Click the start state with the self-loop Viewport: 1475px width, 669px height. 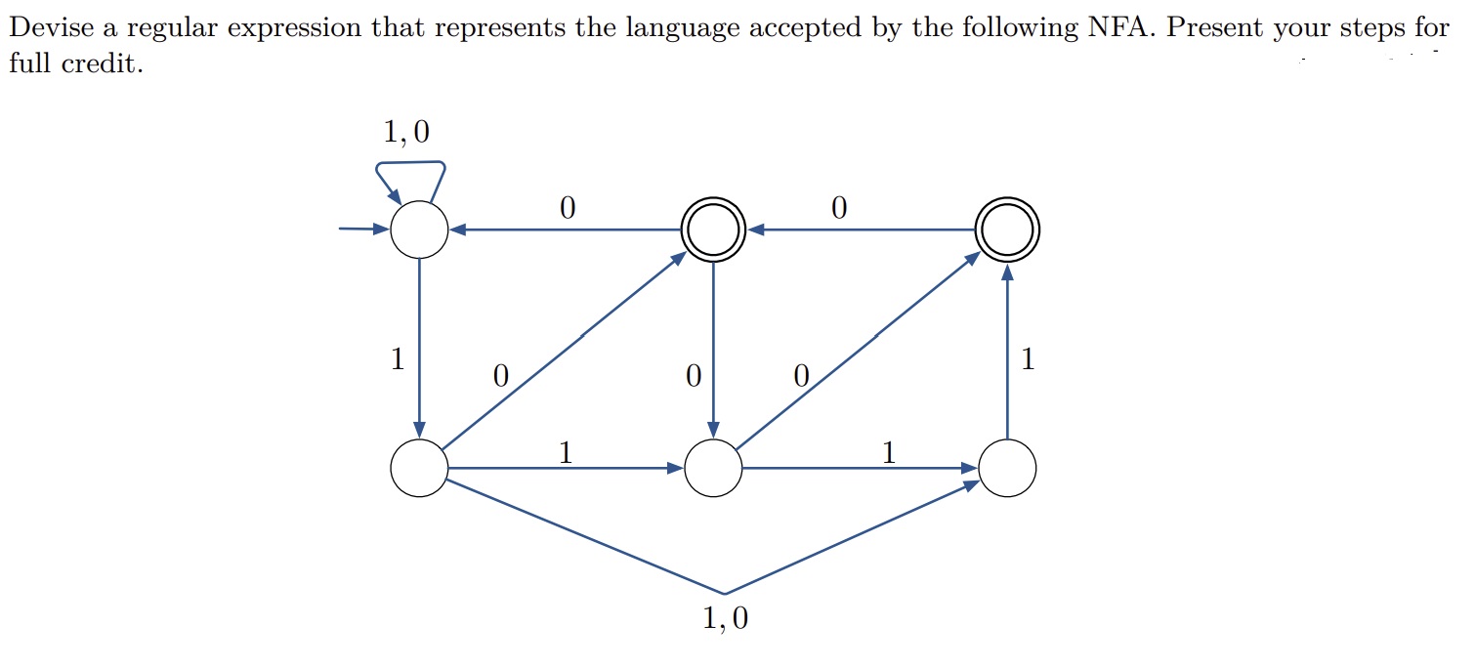(419, 230)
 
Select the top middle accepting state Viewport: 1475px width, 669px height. (714, 230)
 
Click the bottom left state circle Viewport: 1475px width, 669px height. (419, 469)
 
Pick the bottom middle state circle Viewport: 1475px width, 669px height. (714, 469)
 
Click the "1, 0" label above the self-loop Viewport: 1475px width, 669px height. (405, 132)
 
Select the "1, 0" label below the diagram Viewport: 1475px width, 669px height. (725, 619)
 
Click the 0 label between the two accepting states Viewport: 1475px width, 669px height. (837, 207)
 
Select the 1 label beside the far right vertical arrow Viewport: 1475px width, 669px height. (1027, 359)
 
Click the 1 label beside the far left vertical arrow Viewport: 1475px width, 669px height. (397, 359)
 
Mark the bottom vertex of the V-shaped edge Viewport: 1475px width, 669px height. (725, 593)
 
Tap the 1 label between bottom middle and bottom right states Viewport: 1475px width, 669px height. (888, 451)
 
